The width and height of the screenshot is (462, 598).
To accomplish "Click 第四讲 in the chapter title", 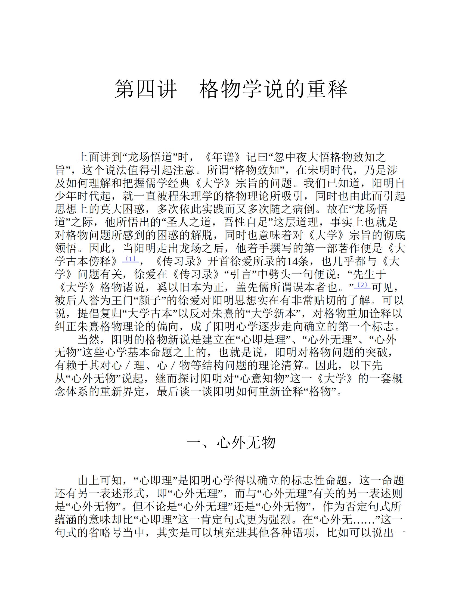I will [145, 89].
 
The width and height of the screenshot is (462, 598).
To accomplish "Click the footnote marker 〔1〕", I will [131, 259].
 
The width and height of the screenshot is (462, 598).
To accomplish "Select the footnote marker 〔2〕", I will [362, 285].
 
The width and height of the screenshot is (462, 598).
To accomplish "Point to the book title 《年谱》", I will [224, 157].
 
